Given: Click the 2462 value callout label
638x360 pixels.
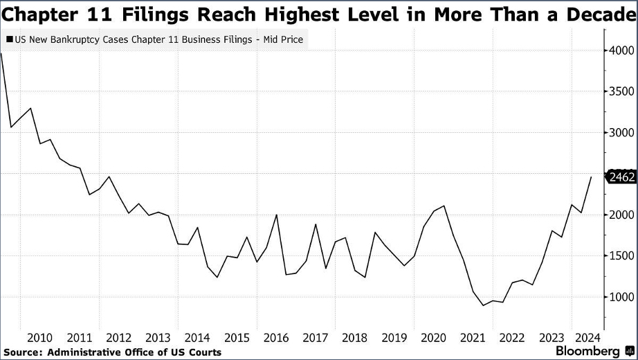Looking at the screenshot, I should pos(621,177).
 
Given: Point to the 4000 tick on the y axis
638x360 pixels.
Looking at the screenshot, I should pos(621,51).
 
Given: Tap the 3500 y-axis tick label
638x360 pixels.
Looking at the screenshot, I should pos(621,91).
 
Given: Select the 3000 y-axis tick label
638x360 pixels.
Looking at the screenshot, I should pos(621,152).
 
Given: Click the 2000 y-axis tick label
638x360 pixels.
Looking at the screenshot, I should pos(621,215).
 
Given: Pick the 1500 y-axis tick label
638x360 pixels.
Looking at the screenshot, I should pos(621,255).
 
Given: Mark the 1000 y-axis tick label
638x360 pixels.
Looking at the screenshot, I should pos(621,296).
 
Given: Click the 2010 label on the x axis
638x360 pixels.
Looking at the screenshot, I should pos(39,338).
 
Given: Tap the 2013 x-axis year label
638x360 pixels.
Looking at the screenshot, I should pos(158,338).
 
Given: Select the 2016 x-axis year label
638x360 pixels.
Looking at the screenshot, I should pos(277,338).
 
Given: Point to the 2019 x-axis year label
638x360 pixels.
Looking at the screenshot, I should pos(395,338).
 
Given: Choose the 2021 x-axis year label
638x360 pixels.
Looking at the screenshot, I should pos(474,338).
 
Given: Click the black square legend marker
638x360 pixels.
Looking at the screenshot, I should pos(8,39).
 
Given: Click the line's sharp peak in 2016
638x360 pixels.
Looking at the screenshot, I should pos(277,215).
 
